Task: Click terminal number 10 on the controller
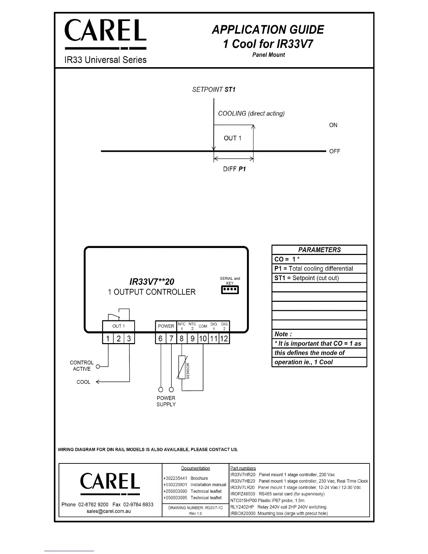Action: point(203,339)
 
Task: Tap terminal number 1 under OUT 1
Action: point(108,339)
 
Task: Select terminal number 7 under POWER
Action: point(171,339)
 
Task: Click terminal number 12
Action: point(224,339)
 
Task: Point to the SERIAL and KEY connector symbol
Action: point(230,290)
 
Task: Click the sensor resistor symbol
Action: point(182,367)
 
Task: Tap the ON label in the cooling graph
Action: point(333,125)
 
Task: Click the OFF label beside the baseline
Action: point(334,151)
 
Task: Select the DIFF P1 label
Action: point(234,169)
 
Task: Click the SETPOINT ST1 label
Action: point(214,90)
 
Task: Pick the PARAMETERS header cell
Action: point(319,250)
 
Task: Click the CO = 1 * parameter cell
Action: point(319,259)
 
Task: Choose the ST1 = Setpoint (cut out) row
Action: point(319,278)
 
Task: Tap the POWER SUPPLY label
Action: point(166,401)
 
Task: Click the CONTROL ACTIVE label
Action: point(81,366)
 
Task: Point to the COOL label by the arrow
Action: point(83,382)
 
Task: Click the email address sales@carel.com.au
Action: point(109,511)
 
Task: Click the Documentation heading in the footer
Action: point(195,468)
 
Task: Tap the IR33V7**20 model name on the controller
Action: point(152,282)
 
